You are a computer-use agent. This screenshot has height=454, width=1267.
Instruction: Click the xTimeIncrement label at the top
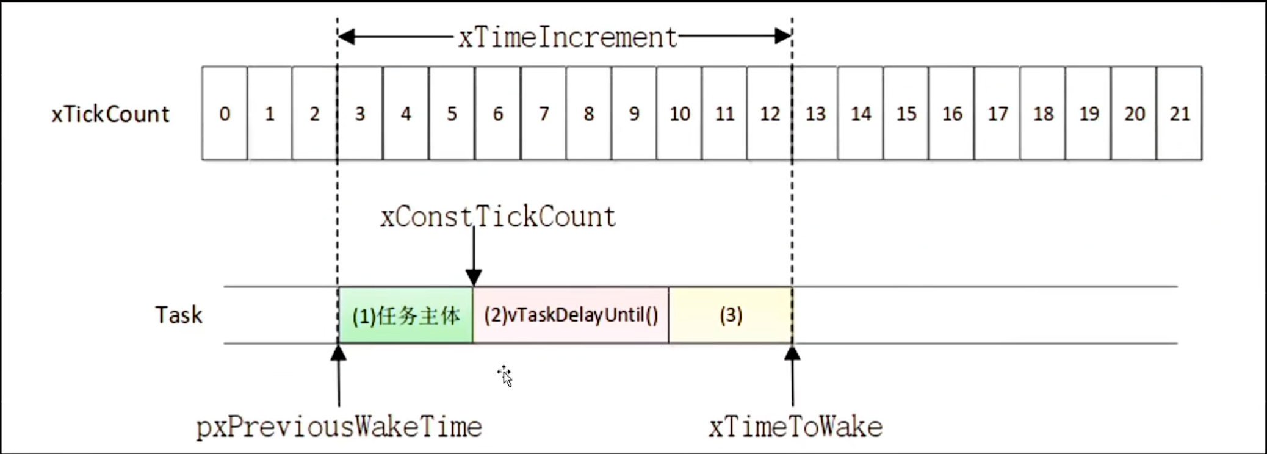click(x=568, y=38)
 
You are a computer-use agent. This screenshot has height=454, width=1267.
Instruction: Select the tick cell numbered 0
click(x=225, y=113)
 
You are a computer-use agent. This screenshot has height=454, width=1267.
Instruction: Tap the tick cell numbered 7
click(x=543, y=113)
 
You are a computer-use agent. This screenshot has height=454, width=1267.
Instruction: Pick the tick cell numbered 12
click(x=770, y=113)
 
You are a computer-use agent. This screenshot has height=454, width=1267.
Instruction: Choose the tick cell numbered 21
click(x=1179, y=113)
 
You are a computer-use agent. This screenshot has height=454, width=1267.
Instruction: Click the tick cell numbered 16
click(x=951, y=113)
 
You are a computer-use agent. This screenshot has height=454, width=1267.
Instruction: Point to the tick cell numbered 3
click(x=360, y=113)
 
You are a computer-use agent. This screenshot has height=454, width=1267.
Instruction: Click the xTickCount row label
click(x=110, y=114)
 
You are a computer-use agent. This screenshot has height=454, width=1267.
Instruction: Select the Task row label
click(x=178, y=315)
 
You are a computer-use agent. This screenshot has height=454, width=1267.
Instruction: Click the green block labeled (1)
click(x=405, y=315)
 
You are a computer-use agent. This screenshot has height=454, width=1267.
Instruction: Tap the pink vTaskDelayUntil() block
click(x=571, y=315)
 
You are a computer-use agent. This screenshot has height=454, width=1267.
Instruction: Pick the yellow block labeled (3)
click(x=731, y=315)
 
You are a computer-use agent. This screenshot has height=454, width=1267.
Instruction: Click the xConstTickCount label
click(x=498, y=217)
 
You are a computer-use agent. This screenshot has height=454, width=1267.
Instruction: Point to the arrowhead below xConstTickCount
click(x=474, y=278)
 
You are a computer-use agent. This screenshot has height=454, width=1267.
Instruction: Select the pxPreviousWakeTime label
click(x=339, y=427)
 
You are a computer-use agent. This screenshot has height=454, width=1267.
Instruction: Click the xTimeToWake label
click(x=795, y=427)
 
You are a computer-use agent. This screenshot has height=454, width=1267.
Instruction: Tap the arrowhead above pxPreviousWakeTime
click(x=339, y=352)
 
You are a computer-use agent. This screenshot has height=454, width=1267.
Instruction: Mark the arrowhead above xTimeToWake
click(x=792, y=352)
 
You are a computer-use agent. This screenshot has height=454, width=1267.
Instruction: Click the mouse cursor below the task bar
click(x=505, y=376)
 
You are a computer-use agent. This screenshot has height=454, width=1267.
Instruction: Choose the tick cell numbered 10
click(x=679, y=113)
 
